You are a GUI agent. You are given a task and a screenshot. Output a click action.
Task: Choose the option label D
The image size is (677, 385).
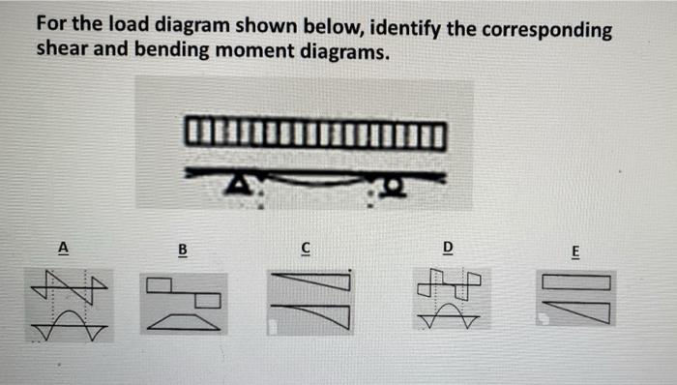pos(447,247)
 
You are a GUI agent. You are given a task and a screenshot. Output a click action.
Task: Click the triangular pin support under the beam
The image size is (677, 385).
pos(235,183)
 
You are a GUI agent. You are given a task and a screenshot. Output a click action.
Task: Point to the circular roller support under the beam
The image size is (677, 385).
pos(393,184)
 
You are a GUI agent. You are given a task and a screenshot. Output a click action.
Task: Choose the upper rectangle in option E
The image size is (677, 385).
pos(577,282)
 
